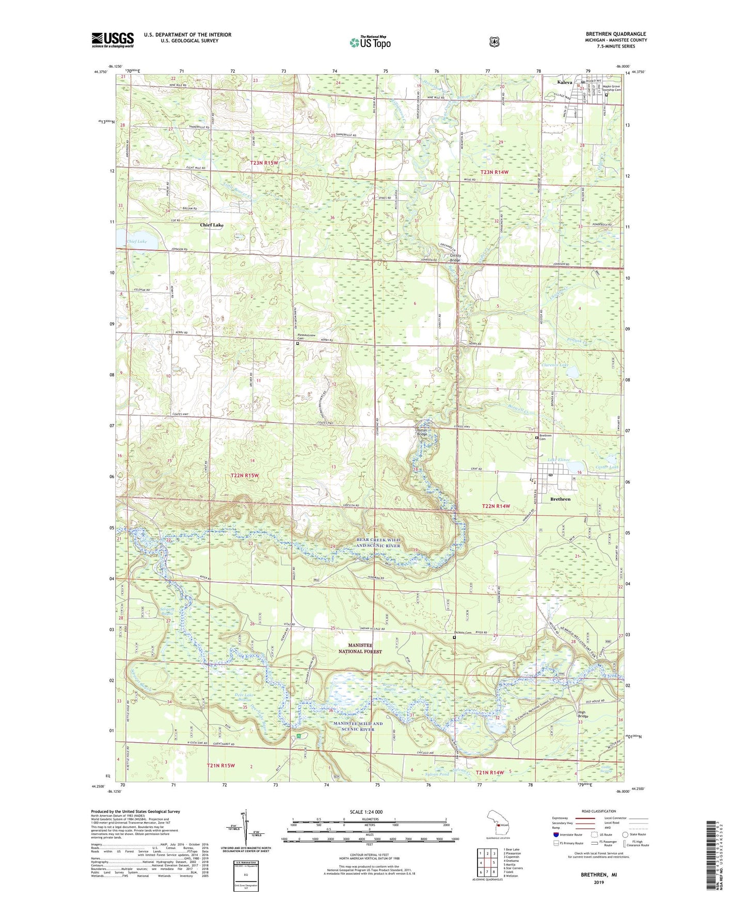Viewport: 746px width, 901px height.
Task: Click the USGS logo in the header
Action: pyautogui.click(x=113, y=40)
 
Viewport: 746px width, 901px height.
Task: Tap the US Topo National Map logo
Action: pyautogui.click(x=370, y=42)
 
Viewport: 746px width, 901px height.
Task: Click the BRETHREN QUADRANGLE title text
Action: pyautogui.click(x=615, y=34)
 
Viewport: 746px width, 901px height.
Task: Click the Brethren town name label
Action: pyautogui.click(x=560, y=499)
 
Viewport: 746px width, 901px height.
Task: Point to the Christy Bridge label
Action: pyautogui.click(x=455, y=258)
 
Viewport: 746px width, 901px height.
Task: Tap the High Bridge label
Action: pyautogui.click(x=583, y=714)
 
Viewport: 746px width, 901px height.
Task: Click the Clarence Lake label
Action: pyautogui.click(x=555, y=365)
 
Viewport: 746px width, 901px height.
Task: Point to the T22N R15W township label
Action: pyautogui.click(x=244, y=475)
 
